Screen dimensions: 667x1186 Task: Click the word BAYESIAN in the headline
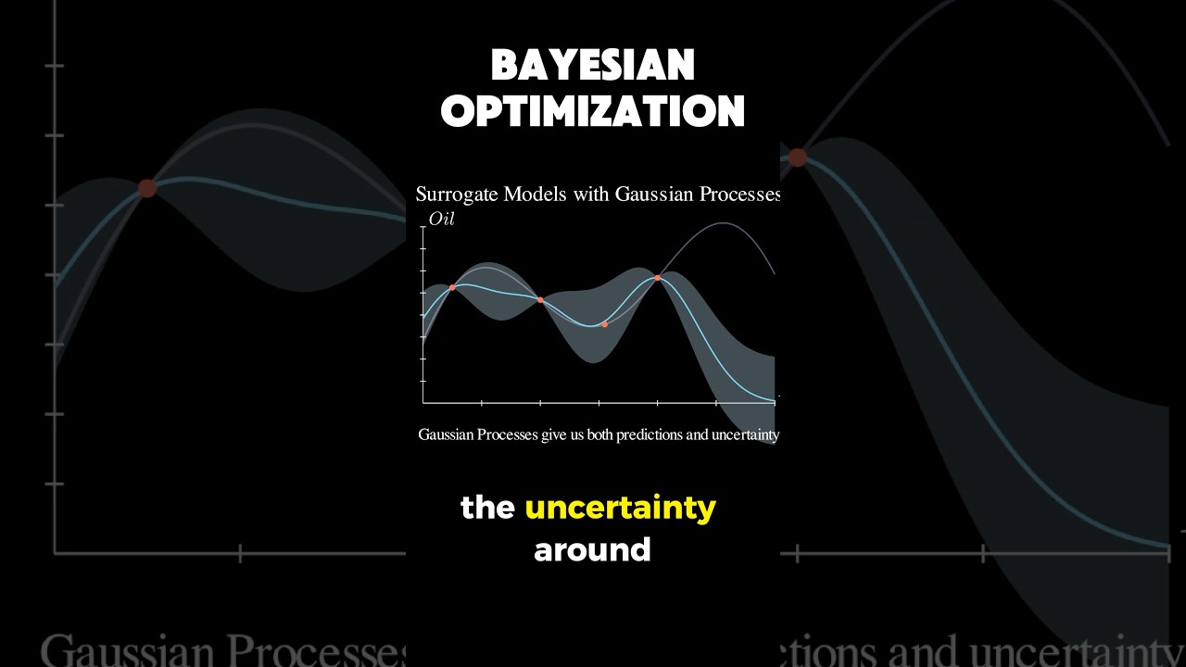coord(593,66)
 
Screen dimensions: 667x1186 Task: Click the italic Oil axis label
coord(441,220)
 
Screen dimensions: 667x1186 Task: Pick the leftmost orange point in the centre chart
coord(452,287)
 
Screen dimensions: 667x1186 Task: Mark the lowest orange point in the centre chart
coord(605,324)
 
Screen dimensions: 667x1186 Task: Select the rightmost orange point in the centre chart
coord(658,277)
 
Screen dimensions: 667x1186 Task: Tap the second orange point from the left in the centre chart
coord(540,299)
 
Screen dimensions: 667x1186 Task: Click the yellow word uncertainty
coord(620,508)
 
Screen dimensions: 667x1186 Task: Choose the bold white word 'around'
coord(593,550)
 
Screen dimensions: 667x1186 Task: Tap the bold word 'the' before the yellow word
coord(487,508)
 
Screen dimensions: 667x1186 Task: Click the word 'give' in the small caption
coord(555,434)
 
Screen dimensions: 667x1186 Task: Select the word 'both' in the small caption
coord(599,434)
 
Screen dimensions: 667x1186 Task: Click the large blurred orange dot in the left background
coord(147,188)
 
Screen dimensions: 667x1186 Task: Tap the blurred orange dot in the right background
coord(797,157)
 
